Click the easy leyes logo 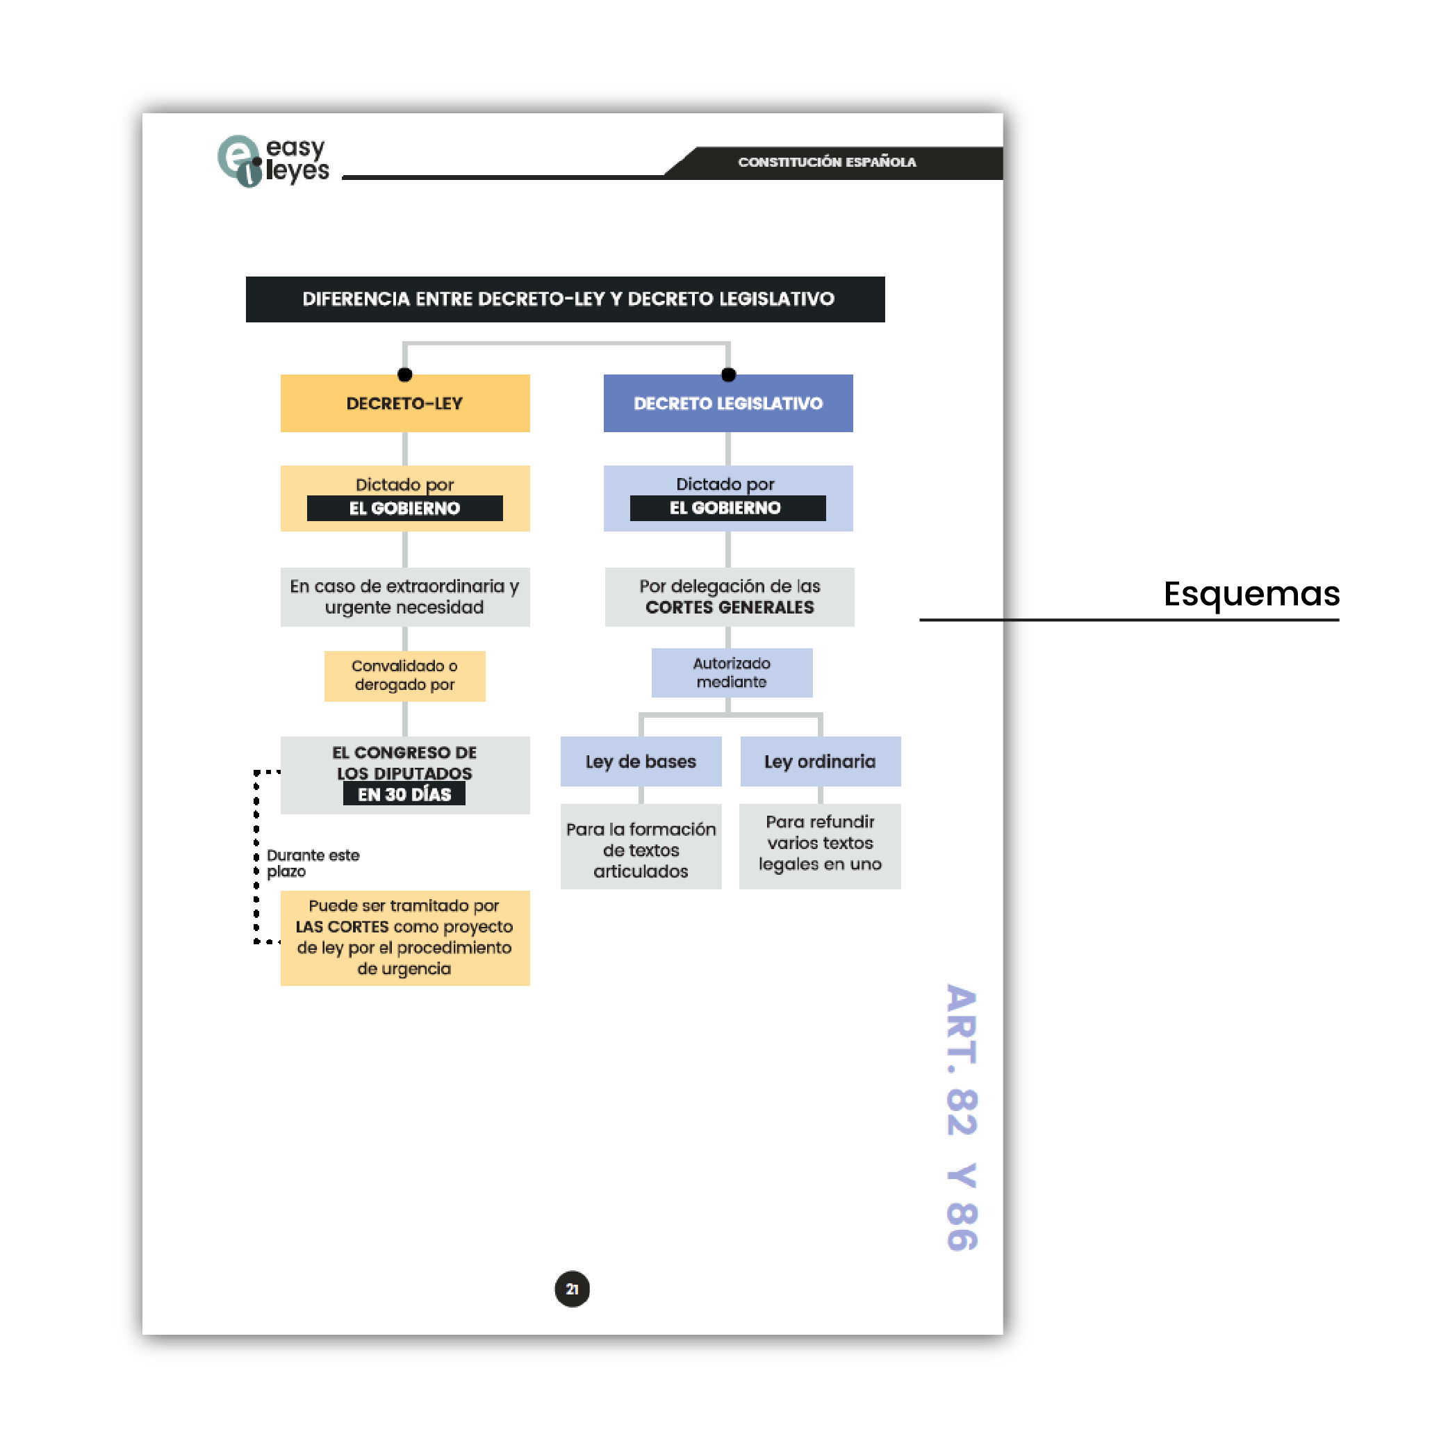tap(273, 161)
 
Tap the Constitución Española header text tap(826, 162)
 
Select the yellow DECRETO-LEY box tap(404, 403)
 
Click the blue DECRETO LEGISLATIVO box tap(727, 403)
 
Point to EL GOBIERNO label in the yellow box tap(404, 508)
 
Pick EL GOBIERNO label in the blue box tap(725, 508)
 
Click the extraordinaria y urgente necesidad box tap(404, 597)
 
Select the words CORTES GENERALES tap(730, 608)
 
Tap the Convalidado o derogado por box tap(404, 675)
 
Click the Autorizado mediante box tap(732, 673)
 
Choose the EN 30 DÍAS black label tap(404, 794)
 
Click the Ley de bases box tap(641, 762)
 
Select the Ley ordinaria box tap(820, 762)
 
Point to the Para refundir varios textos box tap(820, 844)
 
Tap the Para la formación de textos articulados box tap(641, 850)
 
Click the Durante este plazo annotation tap(313, 863)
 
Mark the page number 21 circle tap(572, 1289)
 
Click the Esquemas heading tap(1251, 593)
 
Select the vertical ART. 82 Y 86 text tap(962, 1117)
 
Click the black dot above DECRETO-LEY tap(404, 375)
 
